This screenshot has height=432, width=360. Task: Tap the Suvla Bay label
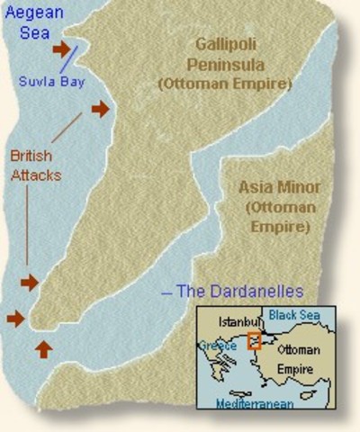click(x=44, y=80)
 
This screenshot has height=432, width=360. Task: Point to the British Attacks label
click(x=36, y=166)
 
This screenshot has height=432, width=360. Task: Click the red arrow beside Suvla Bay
click(x=62, y=49)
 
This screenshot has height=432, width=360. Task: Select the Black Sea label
click(x=294, y=316)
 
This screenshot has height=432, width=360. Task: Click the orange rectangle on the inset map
click(x=255, y=341)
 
